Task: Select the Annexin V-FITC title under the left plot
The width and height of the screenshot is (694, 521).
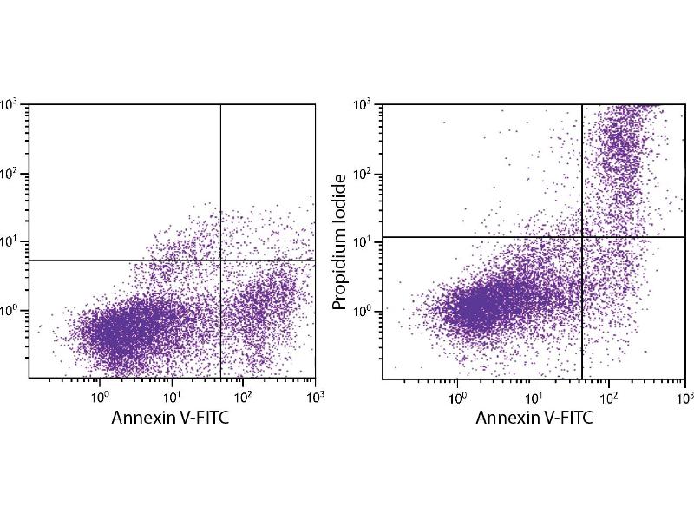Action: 171,418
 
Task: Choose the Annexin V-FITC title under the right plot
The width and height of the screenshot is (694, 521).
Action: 534,418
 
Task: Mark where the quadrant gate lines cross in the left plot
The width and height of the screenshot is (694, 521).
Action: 220,260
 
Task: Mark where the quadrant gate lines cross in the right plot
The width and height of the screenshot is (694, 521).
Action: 581,236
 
